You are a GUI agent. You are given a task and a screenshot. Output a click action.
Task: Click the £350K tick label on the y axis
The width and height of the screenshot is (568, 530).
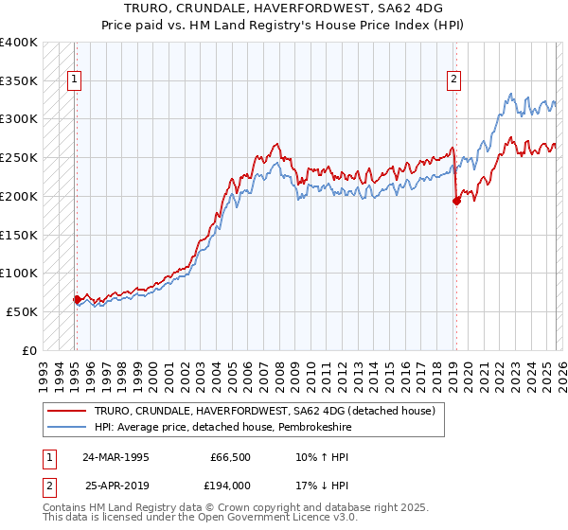click(19, 81)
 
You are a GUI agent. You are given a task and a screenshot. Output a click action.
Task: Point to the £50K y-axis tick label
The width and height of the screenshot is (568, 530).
click(22, 311)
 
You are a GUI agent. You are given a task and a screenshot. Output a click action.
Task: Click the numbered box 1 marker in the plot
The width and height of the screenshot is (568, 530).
click(75, 80)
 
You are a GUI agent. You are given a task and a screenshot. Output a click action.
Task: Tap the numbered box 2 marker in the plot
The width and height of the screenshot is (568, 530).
click(454, 80)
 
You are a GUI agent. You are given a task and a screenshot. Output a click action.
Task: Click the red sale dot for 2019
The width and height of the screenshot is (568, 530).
click(456, 201)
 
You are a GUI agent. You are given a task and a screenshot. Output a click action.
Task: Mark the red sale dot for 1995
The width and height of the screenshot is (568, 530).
click(78, 299)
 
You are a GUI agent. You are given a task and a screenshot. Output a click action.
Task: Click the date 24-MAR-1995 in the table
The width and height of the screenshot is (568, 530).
click(115, 456)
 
